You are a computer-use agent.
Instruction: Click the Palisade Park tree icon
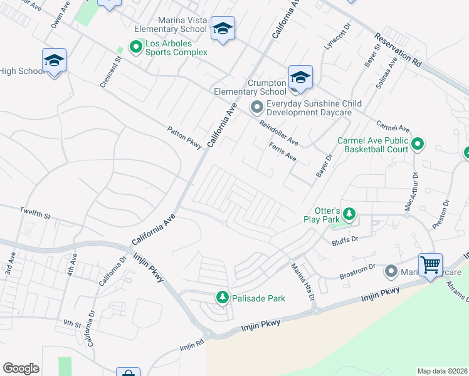click(x=221, y=297)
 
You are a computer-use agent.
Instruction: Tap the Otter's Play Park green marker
click(x=350, y=216)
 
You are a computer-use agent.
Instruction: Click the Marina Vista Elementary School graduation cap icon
click(x=223, y=29)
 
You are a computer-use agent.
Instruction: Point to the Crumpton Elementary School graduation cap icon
click(x=300, y=77)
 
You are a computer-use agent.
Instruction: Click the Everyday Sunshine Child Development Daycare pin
click(x=256, y=107)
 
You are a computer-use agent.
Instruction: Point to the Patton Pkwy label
click(x=184, y=138)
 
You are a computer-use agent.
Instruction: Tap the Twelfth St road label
click(x=34, y=214)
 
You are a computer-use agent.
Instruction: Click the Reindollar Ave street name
click(x=280, y=133)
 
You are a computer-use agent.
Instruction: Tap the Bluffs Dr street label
click(x=344, y=239)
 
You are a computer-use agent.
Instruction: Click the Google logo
click(x=21, y=368)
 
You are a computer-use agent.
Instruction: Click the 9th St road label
click(x=72, y=324)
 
